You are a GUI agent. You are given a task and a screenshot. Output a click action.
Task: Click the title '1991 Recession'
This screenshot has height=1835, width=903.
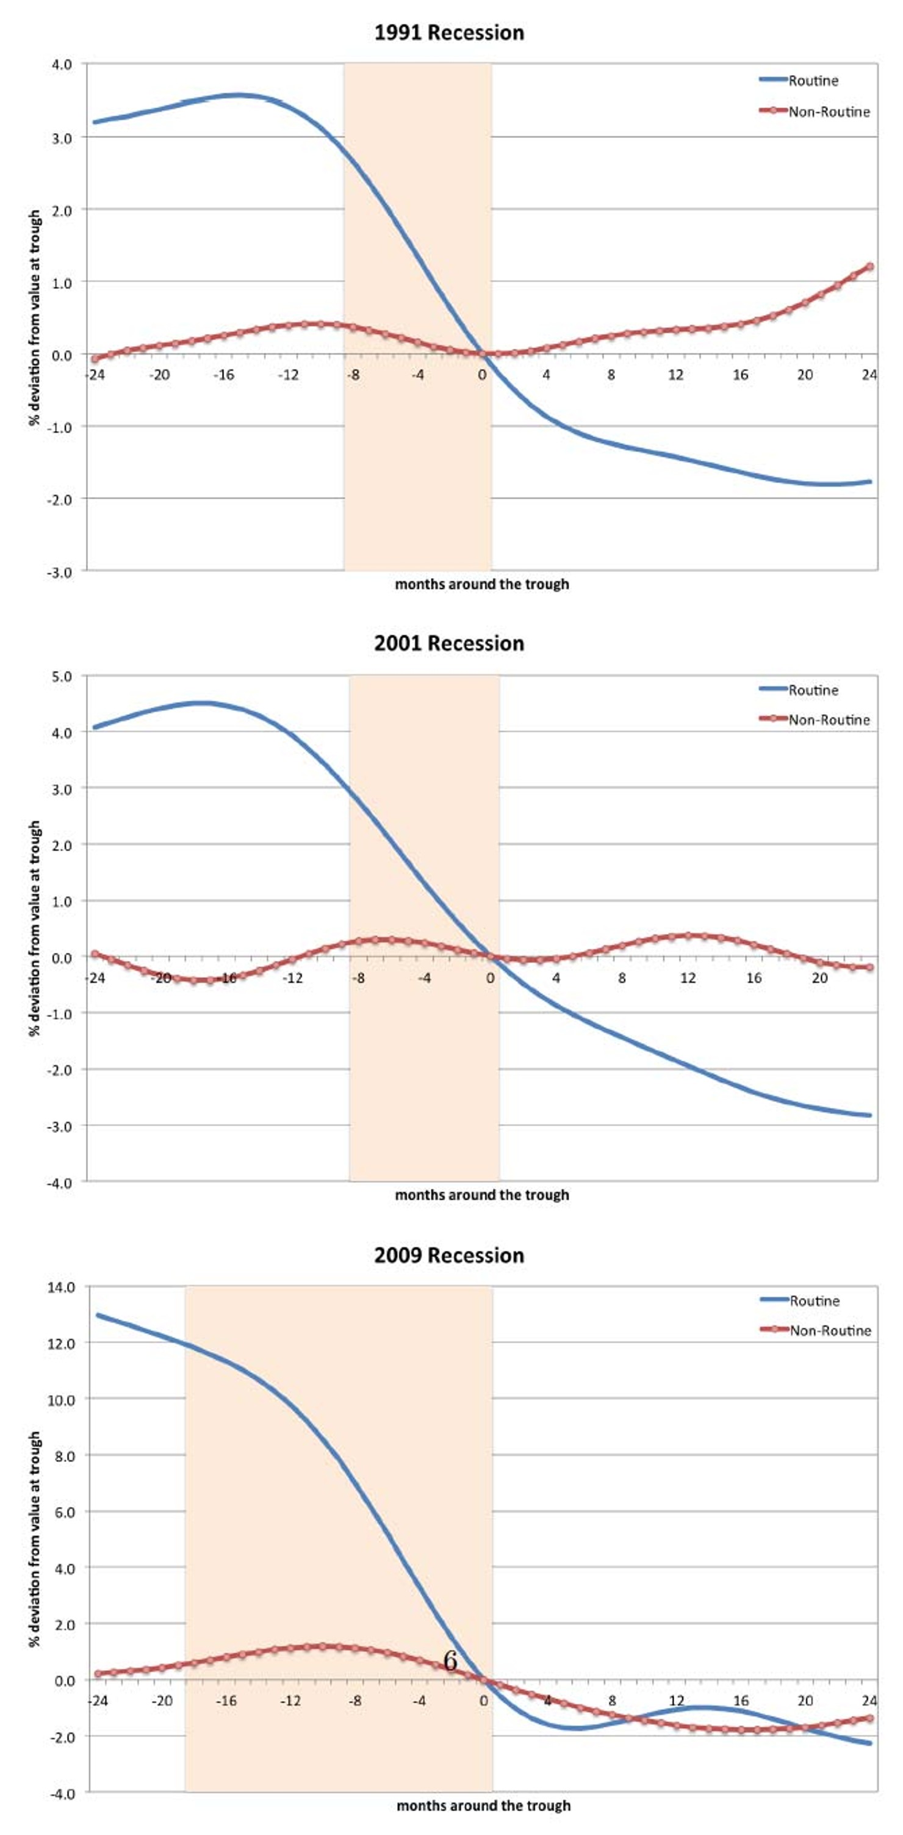(x=449, y=33)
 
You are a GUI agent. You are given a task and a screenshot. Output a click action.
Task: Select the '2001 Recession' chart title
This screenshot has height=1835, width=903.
(x=449, y=643)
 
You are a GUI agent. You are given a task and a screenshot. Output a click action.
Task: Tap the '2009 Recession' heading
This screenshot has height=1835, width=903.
(x=449, y=1255)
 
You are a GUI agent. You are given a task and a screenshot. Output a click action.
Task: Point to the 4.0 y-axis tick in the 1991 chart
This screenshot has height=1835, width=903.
(x=62, y=65)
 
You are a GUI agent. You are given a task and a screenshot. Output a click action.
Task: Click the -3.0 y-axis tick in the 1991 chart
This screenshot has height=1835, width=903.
(x=60, y=572)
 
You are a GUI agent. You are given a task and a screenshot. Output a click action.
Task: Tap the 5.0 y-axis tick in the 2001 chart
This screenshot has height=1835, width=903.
(x=62, y=676)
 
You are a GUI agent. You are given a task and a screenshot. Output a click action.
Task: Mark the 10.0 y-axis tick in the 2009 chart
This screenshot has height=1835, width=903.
(x=60, y=1400)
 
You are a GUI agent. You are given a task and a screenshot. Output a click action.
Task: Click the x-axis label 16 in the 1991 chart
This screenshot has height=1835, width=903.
(x=741, y=375)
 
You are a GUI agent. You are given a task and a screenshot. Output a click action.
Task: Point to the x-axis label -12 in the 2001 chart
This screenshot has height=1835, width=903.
(x=293, y=978)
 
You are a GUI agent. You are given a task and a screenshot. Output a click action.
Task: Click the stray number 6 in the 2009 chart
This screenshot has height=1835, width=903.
(x=450, y=1660)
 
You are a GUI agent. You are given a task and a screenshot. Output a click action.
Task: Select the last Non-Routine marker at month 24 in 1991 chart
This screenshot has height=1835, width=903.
(x=869, y=266)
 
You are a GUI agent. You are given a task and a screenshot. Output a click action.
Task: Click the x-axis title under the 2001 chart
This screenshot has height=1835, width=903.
(x=482, y=1195)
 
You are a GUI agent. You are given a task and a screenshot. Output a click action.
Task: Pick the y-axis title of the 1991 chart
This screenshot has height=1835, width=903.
(x=34, y=317)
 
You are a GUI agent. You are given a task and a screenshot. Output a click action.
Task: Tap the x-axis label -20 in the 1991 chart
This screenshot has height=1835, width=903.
(x=159, y=375)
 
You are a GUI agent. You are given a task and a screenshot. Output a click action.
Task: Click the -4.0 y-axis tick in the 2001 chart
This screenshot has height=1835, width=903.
(x=60, y=1183)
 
